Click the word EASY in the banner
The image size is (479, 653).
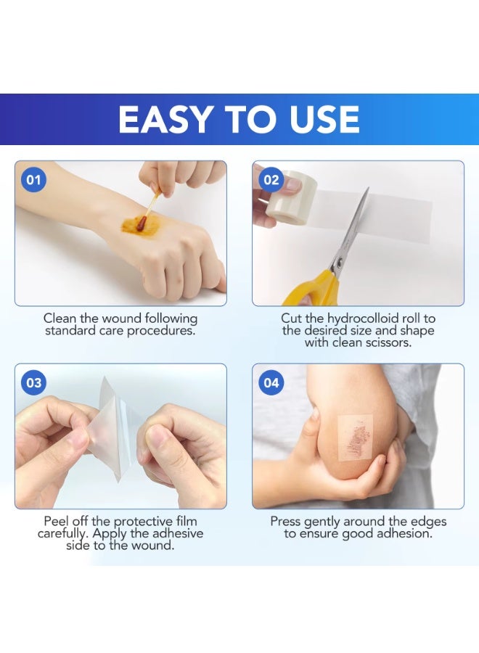point(165,120)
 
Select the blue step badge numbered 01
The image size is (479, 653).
point(33,180)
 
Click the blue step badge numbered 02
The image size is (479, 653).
point(271,180)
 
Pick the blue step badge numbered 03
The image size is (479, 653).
point(33,382)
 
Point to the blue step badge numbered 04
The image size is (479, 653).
point(271,382)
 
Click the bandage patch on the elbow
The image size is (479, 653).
point(355,438)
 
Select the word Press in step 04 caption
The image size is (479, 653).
point(286,522)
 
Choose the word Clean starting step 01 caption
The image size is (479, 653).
point(60,319)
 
